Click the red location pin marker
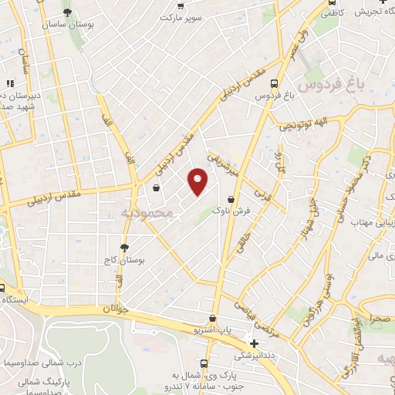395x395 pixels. pos(198,181)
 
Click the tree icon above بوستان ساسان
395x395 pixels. pos(68,12)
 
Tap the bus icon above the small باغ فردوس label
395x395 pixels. pos(285,83)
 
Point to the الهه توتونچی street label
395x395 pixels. pos(297,123)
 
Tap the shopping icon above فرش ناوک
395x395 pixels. pos(231,197)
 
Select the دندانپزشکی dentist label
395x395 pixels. pos(255,355)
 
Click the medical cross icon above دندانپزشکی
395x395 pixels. pos(255,343)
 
